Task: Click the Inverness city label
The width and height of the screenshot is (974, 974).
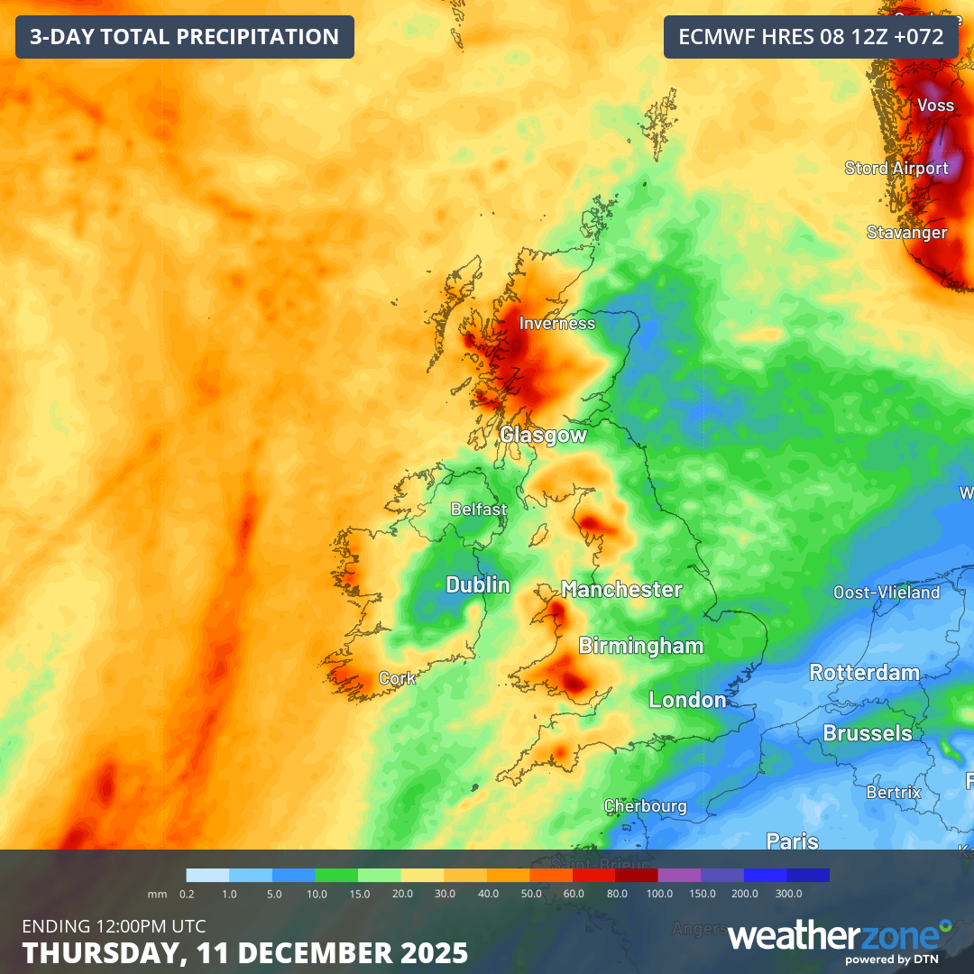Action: point(557,323)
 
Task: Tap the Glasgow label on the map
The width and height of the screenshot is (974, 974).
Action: point(544,436)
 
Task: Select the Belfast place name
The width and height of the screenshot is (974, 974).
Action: point(479,510)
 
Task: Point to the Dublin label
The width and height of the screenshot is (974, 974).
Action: point(478,585)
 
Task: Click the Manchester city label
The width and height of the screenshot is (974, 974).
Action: point(621,590)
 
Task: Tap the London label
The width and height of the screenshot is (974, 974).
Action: point(687,700)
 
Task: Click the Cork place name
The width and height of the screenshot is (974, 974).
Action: point(398,678)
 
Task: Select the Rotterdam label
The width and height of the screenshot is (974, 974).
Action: point(864,673)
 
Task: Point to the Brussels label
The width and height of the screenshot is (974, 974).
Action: point(868,733)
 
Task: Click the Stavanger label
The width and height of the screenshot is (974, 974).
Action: point(907,233)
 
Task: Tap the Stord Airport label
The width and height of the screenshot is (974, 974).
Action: point(896,168)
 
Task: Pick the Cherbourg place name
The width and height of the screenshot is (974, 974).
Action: point(645,806)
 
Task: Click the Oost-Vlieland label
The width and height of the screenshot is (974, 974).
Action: point(887,593)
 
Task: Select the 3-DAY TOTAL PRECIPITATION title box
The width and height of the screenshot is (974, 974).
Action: point(185,37)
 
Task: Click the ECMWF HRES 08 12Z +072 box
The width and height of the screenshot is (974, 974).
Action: point(811,37)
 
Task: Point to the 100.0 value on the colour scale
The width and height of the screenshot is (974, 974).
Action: point(659,894)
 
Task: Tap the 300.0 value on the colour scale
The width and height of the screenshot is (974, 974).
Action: point(788,894)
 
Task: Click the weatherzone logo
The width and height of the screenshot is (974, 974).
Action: point(839,938)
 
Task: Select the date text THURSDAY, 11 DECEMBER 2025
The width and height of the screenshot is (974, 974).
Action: point(244,952)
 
